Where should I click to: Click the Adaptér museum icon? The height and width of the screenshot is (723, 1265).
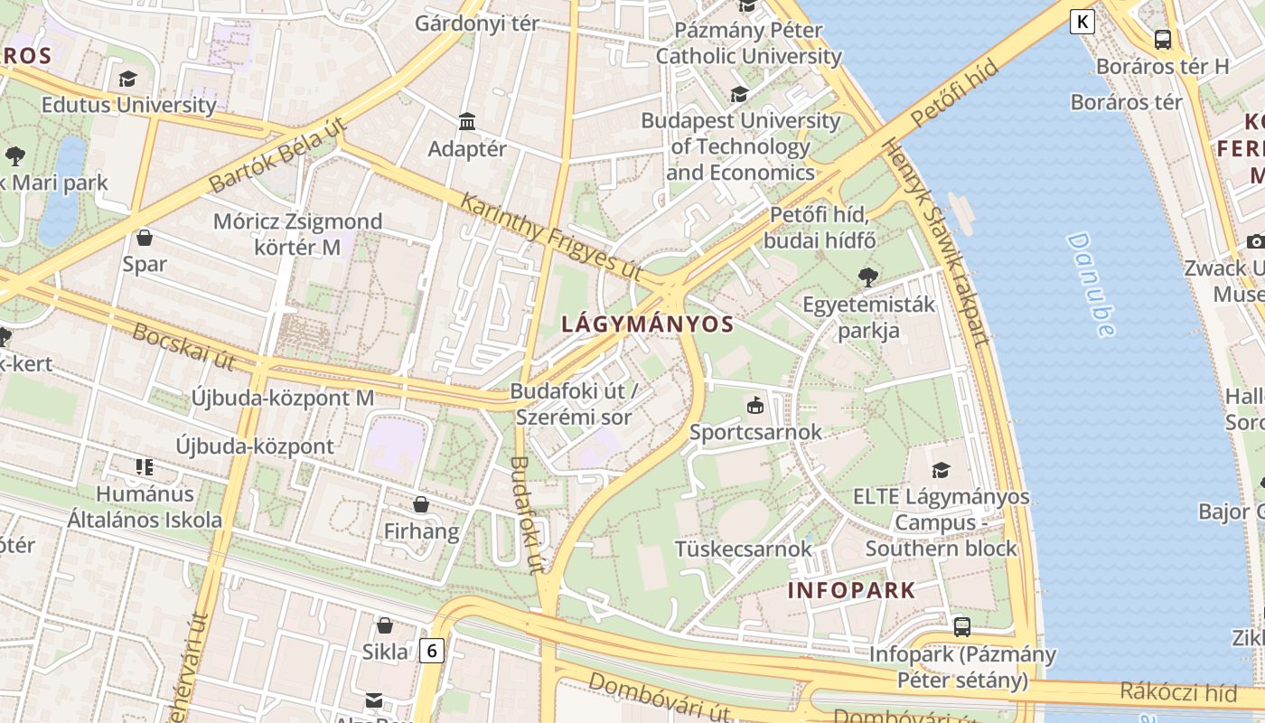(x=467, y=121)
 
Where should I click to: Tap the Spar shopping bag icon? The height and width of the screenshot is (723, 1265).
(x=144, y=238)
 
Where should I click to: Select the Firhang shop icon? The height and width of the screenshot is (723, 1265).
(x=421, y=503)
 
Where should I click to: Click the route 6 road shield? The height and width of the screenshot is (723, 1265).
(x=433, y=650)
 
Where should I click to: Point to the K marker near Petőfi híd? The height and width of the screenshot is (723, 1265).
(x=1082, y=22)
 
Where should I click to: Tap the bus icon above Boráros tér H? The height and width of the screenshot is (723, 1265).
(x=1163, y=40)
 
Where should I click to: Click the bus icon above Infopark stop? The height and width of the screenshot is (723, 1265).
(x=962, y=626)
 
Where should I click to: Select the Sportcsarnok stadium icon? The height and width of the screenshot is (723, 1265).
(x=754, y=405)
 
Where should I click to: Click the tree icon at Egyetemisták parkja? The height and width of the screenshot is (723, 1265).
(x=868, y=277)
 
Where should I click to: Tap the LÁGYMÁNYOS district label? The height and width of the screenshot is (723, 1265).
(x=647, y=324)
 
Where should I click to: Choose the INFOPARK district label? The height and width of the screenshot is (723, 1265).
(x=851, y=590)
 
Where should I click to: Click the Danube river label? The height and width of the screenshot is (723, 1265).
(x=1092, y=285)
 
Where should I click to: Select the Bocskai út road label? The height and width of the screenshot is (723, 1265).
(x=183, y=345)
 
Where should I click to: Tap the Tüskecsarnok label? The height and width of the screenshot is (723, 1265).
(x=744, y=549)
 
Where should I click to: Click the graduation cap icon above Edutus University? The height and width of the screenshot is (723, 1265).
(x=127, y=79)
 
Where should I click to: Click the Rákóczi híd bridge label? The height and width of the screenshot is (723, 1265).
(x=1178, y=692)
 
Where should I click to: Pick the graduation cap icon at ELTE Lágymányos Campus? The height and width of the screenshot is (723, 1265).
(x=941, y=470)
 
